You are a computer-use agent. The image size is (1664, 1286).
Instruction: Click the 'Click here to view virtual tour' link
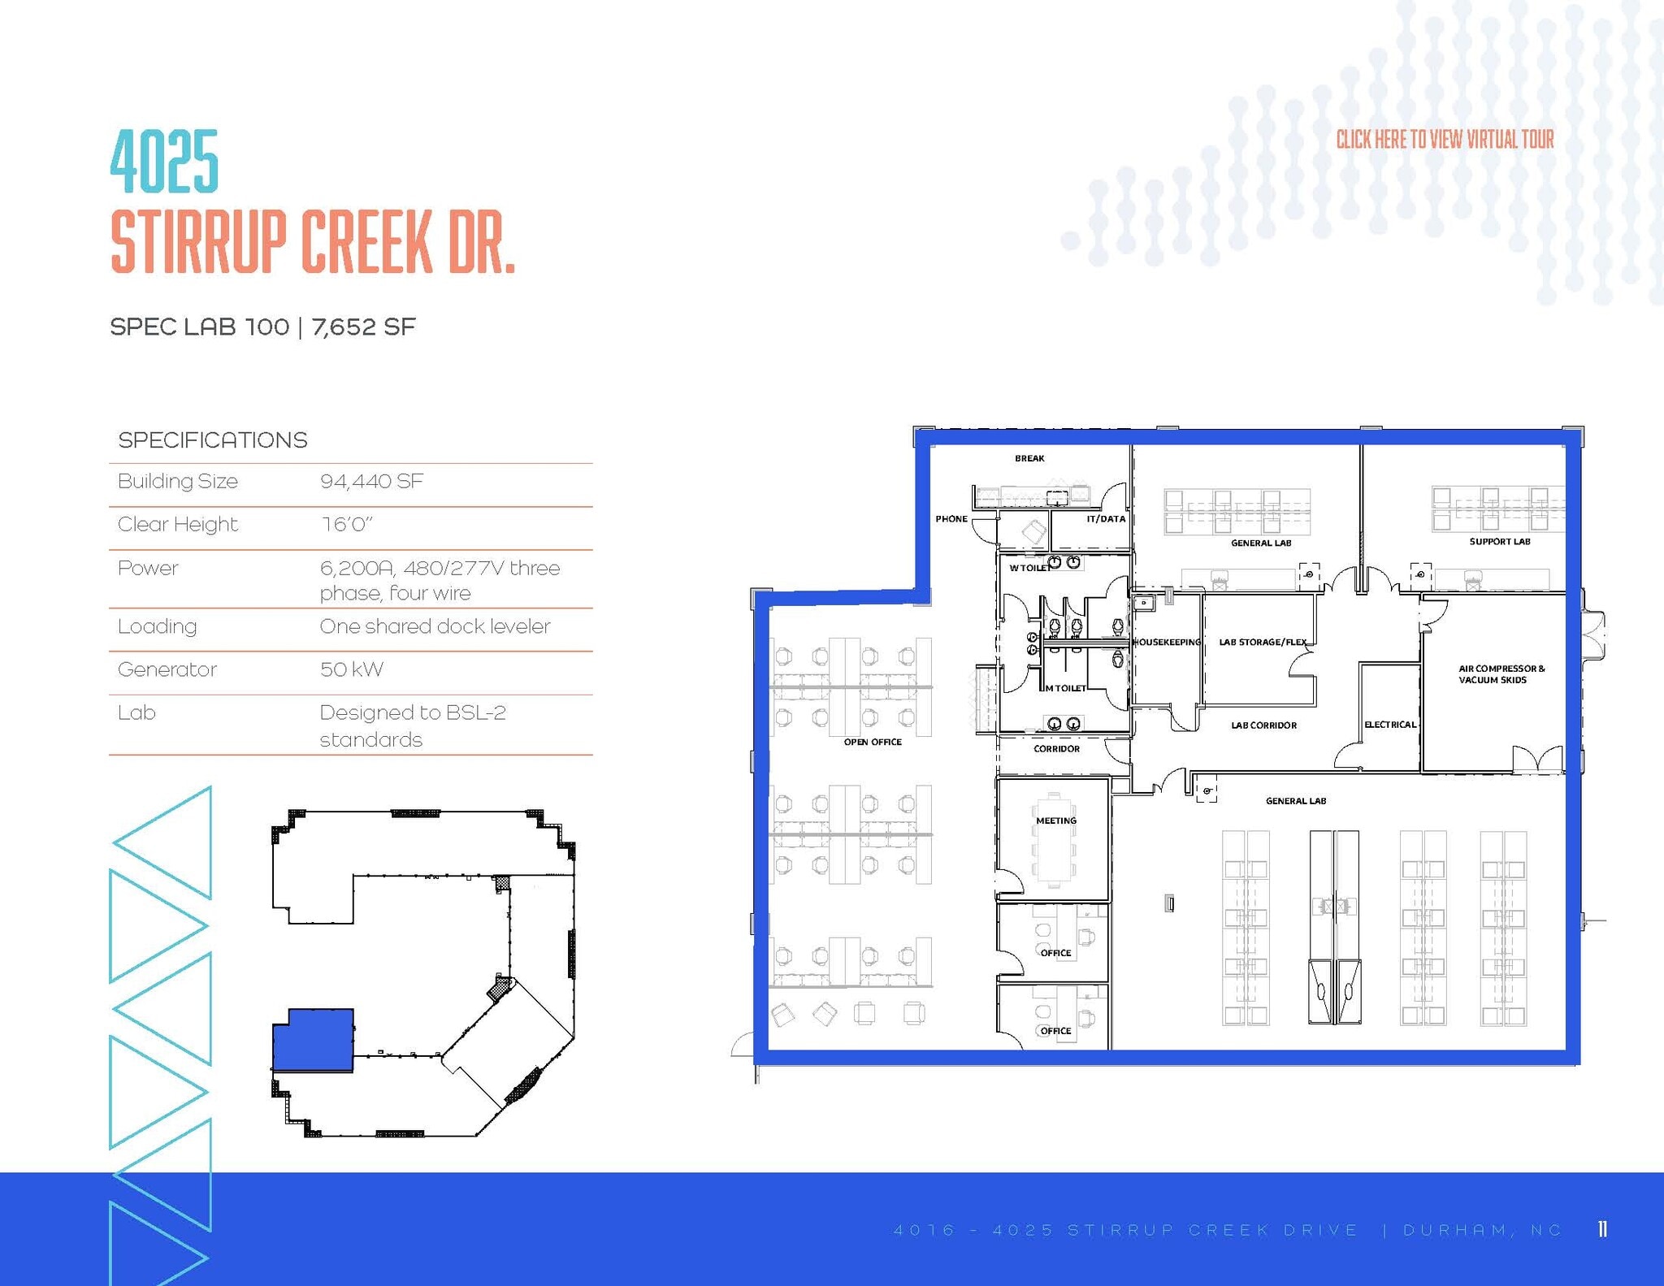tap(1445, 140)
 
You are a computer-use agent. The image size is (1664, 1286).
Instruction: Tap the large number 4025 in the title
tap(164, 162)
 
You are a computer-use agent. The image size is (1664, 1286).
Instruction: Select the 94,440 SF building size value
tap(371, 481)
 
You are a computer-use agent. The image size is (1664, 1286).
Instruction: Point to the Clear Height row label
tap(177, 524)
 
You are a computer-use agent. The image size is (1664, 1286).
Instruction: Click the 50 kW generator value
tap(351, 669)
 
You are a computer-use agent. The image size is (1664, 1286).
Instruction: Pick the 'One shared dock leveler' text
tap(435, 626)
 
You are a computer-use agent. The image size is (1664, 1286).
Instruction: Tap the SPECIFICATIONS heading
tap(212, 440)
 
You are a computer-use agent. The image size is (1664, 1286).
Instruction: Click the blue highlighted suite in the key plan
tap(312, 1040)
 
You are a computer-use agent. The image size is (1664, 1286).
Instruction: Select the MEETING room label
tap(1055, 821)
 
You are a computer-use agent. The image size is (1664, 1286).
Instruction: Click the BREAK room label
tap(1029, 458)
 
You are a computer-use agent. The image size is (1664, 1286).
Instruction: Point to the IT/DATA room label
tap(1106, 518)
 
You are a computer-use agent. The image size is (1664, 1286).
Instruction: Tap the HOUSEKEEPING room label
tap(1166, 642)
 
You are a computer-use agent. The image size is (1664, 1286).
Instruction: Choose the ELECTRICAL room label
tap(1390, 725)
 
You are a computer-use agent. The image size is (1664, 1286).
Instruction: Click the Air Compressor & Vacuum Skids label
tap(1501, 674)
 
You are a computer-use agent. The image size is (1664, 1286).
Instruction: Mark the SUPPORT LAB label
tap(1499, 541)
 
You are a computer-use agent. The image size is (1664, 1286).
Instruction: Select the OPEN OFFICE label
tap(873, 742)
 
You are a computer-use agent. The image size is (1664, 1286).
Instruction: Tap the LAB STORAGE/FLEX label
tap(1263, 642)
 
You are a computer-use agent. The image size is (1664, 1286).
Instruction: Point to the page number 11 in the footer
tap(1602, 1229)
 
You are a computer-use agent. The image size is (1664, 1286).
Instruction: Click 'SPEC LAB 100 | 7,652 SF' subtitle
tap(262, 327)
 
